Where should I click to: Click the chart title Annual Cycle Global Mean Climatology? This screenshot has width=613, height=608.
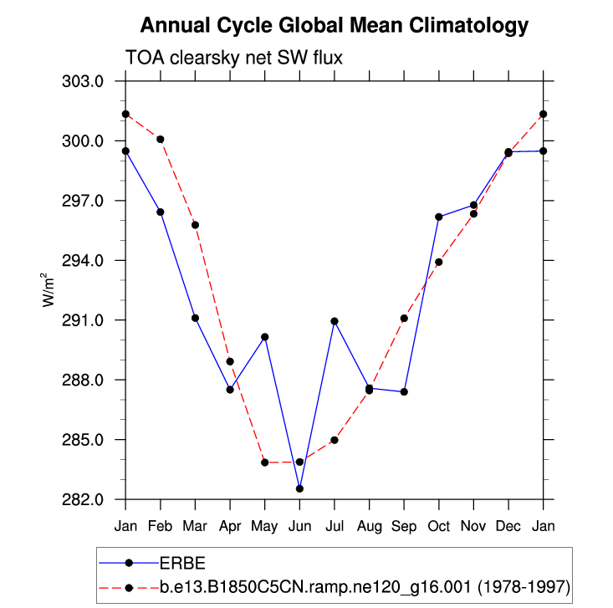point(335,26)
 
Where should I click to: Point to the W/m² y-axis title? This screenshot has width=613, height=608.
point(50,290)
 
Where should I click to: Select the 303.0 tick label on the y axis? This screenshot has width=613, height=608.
point(83,82)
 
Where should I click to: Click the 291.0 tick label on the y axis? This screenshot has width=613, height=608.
point(83,320)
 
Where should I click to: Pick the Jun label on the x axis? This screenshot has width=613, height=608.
point(299,526)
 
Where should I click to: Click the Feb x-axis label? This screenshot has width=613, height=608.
point(161,526)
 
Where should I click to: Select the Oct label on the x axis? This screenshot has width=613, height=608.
point(439,526)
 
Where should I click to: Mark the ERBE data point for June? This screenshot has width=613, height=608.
point(299,488)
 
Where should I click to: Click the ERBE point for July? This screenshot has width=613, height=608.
point(335,321)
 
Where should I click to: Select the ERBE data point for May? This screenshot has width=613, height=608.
point(265,337)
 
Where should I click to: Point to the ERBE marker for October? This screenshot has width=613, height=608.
point(439,217)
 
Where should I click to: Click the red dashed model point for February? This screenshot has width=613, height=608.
point(161,139)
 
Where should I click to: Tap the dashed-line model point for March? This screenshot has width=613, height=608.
point(195,225)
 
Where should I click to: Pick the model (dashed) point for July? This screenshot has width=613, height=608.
point(335,440)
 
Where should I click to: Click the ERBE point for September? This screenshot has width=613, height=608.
point(404,392)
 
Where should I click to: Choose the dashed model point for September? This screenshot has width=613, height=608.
point(404,318)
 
